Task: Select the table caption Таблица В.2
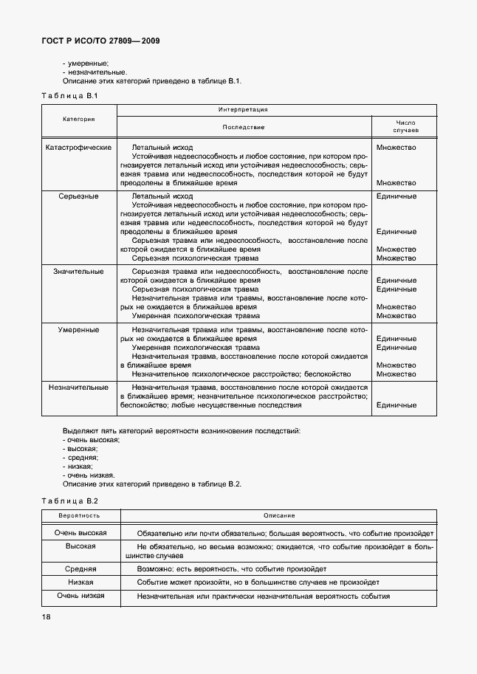click(69, 501)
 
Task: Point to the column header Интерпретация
click(243, 109)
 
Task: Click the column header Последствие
click(243, 127)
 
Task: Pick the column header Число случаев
click(406, 126)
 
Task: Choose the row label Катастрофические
click(78, 147)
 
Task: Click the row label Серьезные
click(78, 196)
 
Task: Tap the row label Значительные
click(78, 272)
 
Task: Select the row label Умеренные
click(78, 329)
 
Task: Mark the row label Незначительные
click(78, 387)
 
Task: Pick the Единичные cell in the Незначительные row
click(397, 405)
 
